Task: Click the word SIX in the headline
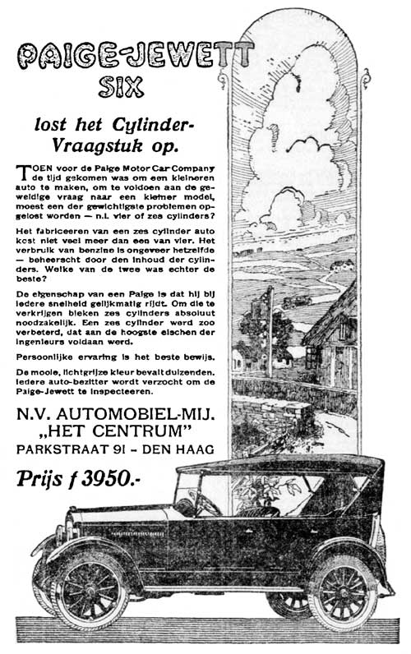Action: pos(120,85)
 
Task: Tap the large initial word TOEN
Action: pos(32,168)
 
